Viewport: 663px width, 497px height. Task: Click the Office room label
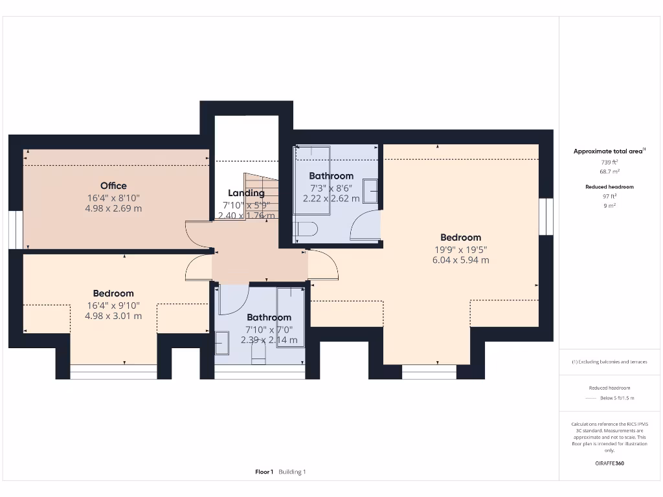click(113, 186)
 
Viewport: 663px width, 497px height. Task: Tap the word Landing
click(246, 193)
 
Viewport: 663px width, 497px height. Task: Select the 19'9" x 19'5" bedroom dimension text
click(460, 249)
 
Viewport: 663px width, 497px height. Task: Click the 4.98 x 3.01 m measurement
click(113, 316)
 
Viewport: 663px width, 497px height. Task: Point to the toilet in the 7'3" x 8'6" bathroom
click(305, 229)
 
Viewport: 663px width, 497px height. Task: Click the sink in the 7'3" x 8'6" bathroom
click(372, 191)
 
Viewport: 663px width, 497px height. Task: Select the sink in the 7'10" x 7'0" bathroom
click(222, 342)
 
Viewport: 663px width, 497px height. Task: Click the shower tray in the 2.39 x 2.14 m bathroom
click(290, 317)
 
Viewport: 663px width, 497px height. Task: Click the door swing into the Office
click(198, 234)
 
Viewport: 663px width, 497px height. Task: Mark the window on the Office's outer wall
click(12, 230)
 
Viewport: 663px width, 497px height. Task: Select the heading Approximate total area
click(607, 151)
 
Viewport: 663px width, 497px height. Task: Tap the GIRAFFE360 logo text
click(609, 463)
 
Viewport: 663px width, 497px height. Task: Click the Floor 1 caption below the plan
click(264, 472)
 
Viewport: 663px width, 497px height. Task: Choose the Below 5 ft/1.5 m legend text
click(616, 398)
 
